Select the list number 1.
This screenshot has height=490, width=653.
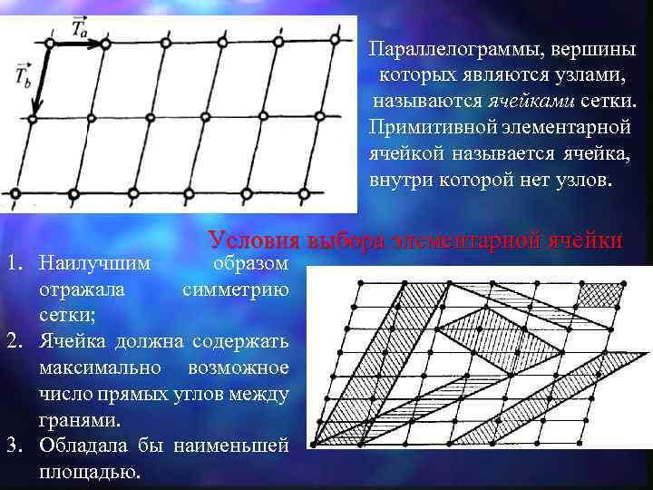click(x=15, y=264)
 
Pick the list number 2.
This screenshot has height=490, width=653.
click(x=15, y=342)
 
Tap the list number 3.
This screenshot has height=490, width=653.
click(x=15, y=446)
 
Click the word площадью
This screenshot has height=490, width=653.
click(x=91, y=472)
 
